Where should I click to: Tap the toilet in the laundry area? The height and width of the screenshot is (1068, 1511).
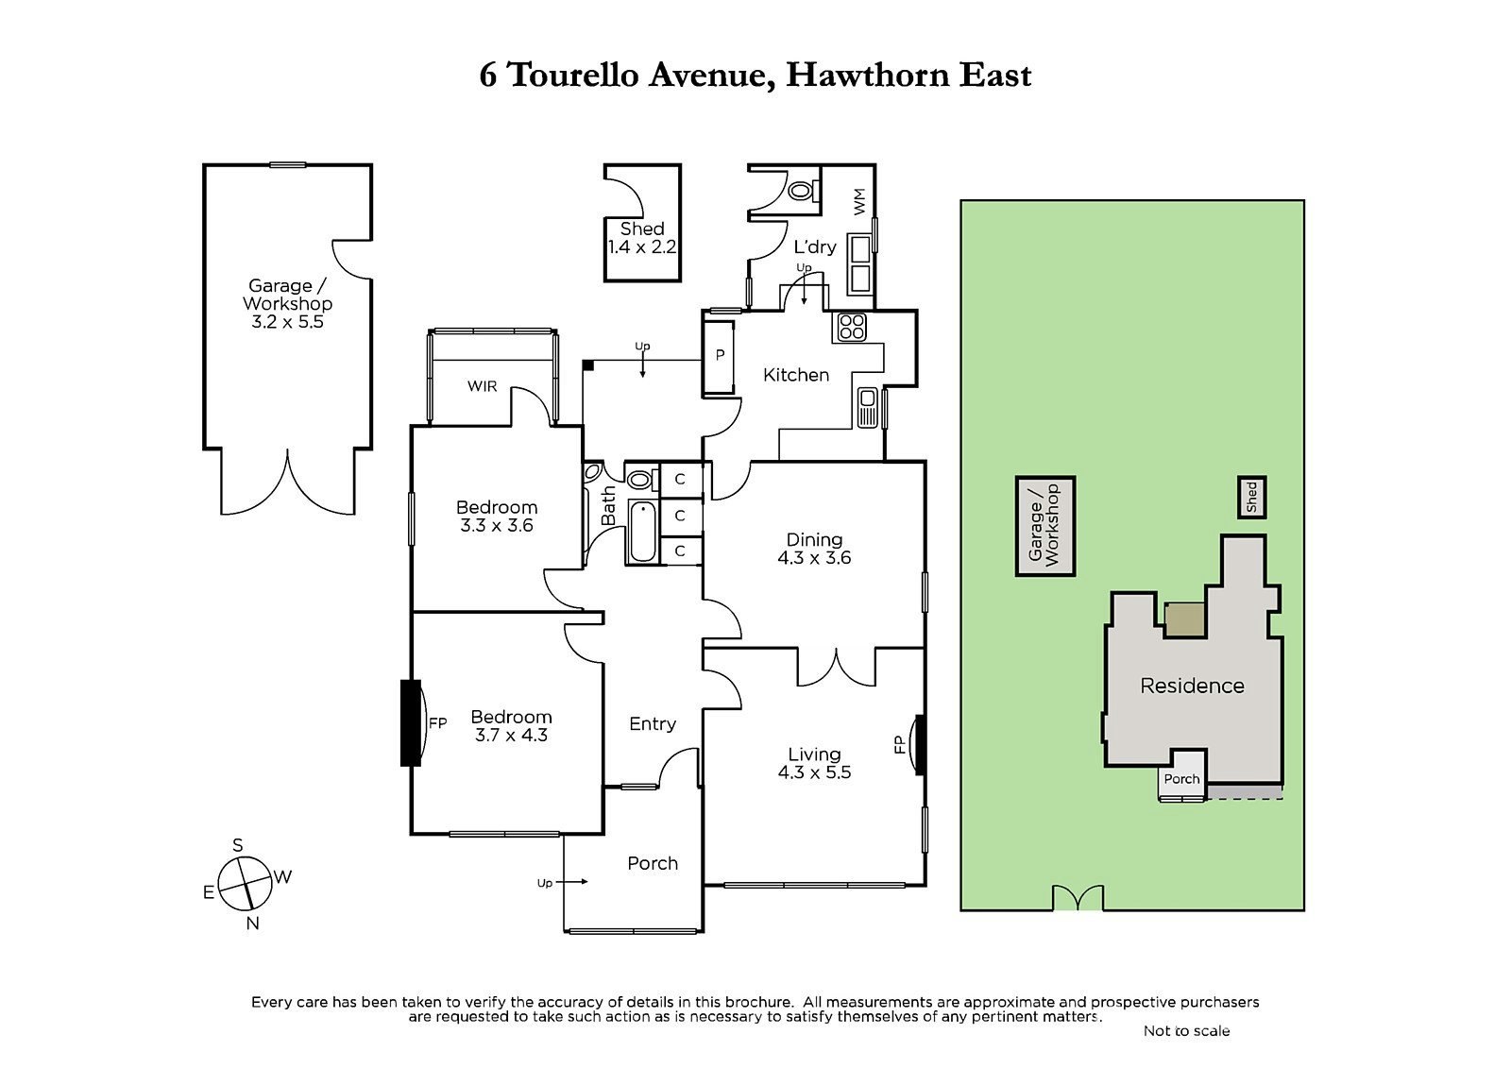point(801,191)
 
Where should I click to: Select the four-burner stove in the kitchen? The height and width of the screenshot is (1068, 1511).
point(851,327)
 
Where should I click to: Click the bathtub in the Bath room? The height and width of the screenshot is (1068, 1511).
point(641,533)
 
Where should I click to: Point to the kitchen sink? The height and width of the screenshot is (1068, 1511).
point(868,408)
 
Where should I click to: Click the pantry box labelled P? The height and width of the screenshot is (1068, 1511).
point(720,356)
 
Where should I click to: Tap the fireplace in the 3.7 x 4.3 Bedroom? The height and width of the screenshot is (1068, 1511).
point(412,723)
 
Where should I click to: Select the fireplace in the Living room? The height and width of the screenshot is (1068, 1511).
point(918,744)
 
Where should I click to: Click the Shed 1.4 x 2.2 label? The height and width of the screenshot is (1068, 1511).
point(642,238)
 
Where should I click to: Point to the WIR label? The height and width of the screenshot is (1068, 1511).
point(482,386)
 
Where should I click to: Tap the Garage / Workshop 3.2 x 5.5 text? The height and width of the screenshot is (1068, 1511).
point(287,303)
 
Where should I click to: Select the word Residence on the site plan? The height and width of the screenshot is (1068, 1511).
point(1192,686)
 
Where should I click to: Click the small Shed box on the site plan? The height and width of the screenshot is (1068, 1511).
point(1251,497)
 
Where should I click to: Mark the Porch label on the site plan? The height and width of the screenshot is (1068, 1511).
point(1181,779)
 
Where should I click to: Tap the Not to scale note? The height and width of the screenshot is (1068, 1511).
point(1186,1030)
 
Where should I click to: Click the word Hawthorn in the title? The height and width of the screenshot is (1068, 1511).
point(868,75)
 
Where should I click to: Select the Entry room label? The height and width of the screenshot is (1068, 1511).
point(652,723)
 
